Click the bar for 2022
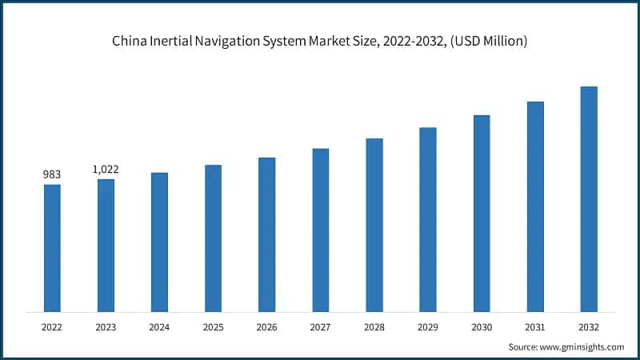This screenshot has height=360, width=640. pos(52,248)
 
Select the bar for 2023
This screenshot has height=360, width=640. pos(106,245)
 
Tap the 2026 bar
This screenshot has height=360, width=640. pos(266,234)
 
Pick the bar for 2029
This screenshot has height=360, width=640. pos(428,219)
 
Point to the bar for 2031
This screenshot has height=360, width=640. pos(535,206)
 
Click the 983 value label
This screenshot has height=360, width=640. pos(52,174)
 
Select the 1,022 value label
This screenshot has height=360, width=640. pos(106,169)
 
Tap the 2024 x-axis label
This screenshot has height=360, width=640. pos(159,326)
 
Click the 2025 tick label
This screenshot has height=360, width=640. pos(213,326)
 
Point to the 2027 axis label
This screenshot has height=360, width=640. pos(320,326)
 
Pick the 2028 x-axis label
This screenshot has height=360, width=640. pos(374,326)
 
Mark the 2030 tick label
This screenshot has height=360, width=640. pos(482,326)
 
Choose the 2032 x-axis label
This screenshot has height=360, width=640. pos(589,326)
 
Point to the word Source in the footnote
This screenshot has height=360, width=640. pos(524,346)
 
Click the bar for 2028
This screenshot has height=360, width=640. pos(374,225)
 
